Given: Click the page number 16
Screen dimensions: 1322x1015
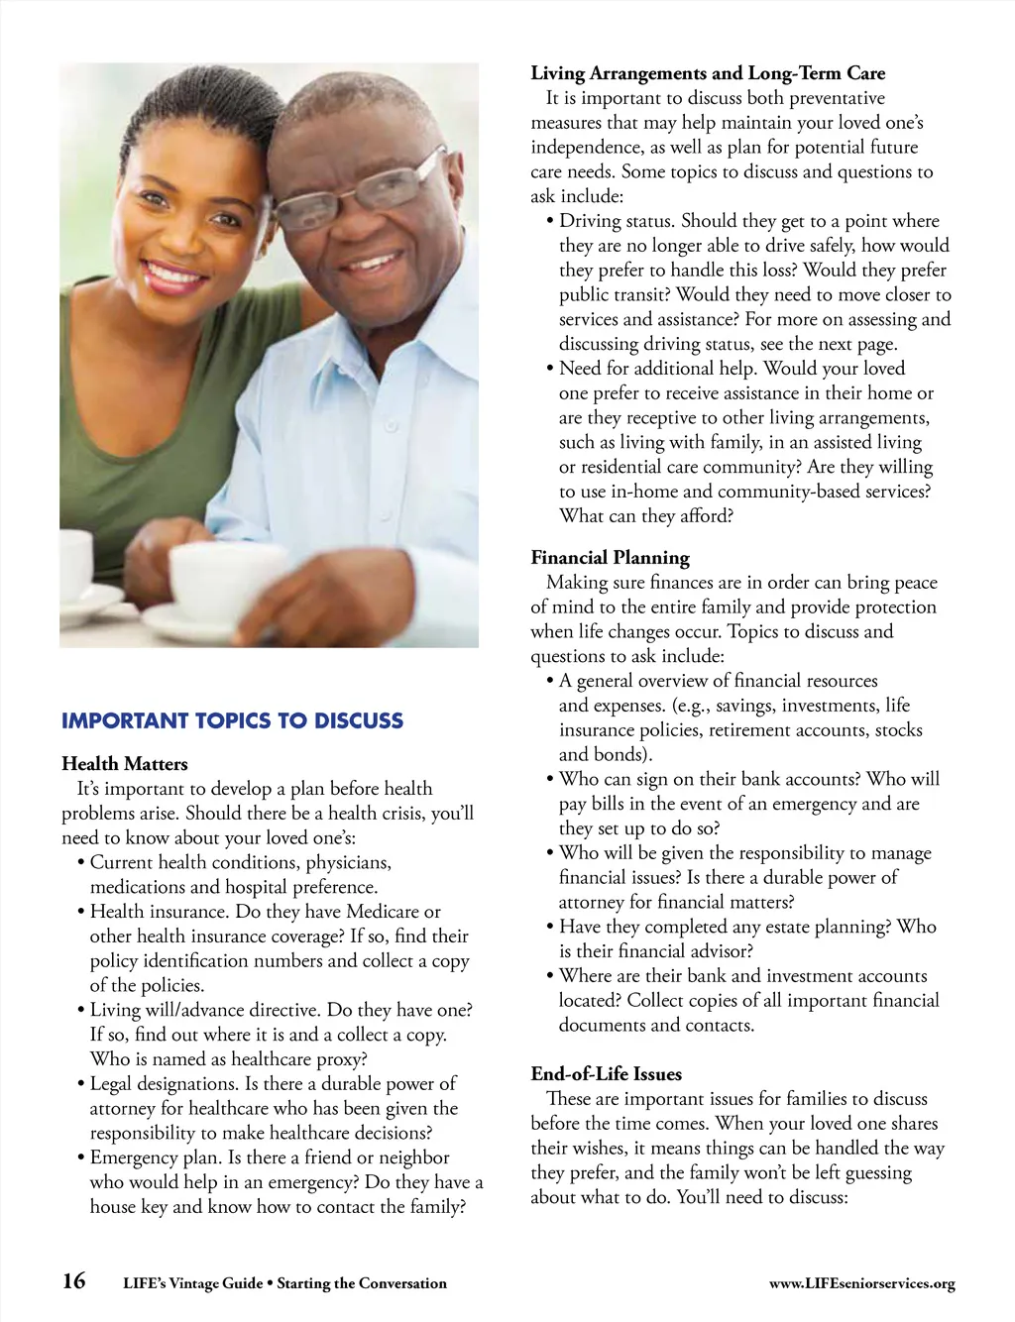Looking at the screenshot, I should [x=74, y=1280].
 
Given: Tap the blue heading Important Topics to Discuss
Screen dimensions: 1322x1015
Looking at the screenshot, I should [x=232, y=720].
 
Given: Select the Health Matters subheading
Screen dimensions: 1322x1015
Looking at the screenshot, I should [x=124, y=763].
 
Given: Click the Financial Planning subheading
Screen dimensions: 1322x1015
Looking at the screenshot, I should [x=610, y=557].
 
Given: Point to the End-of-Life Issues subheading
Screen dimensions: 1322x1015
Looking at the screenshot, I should [x=606, y=1073].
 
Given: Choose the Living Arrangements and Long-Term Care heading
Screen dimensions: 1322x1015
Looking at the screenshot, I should [x=708, y=72].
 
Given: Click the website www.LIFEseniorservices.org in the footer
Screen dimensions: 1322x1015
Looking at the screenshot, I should [x=861, y=1283].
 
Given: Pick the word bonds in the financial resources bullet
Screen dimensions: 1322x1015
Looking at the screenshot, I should [x=623, y=754].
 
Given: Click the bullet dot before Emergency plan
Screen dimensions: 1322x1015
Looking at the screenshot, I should [x=80, y=1157].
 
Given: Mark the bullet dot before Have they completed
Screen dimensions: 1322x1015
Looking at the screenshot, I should [x=549, y=927].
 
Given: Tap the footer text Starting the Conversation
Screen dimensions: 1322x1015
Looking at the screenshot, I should [x=362, y=1283].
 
